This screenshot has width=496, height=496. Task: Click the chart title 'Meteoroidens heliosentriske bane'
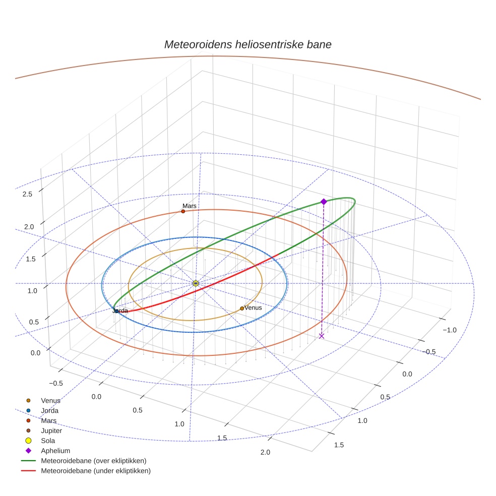(247, 44)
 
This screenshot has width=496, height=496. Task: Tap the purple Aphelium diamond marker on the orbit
(324, 202)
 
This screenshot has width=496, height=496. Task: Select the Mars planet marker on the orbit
(183, 211)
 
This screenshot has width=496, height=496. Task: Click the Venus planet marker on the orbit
(242, 308)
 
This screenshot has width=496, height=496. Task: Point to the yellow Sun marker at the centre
(196, 283)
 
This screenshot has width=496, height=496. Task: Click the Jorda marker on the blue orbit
(116, 311)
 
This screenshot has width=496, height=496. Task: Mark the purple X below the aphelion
(322, 336)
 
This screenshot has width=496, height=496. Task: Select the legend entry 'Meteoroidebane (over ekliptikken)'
(94, 461)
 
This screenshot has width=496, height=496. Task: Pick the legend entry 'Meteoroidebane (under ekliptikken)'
(96, 471)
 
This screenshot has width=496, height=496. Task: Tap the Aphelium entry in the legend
(55, 451)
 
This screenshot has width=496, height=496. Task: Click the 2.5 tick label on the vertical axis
(28, 195)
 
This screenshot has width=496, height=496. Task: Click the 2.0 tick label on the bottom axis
(265, 452)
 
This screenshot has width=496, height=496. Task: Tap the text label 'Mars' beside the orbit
(190, 206)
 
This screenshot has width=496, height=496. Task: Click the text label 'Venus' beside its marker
(253, 307)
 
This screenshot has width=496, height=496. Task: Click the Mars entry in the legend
(49, 420)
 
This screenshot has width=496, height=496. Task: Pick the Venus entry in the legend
(50, 400)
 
